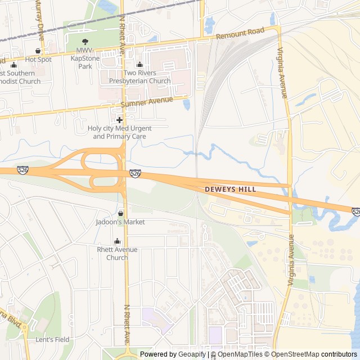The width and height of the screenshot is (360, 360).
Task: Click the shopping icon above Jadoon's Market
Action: (120, 213)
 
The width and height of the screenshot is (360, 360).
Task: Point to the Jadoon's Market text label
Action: (120, 222)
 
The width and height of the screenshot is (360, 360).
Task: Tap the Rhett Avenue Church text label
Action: (117, 254)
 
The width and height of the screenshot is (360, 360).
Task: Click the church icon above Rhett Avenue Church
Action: (117, 241)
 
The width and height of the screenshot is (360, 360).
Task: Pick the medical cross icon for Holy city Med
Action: (119, 120)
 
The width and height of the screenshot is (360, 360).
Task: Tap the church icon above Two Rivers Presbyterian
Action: (139, 64)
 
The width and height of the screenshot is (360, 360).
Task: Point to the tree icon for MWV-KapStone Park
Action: (85, 42)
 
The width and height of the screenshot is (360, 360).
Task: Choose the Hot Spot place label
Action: (38, 59)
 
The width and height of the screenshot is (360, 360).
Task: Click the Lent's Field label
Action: (52, 340)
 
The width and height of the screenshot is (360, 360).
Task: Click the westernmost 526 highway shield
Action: (22, 170)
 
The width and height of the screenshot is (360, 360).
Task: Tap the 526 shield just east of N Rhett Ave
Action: (135, 174)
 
